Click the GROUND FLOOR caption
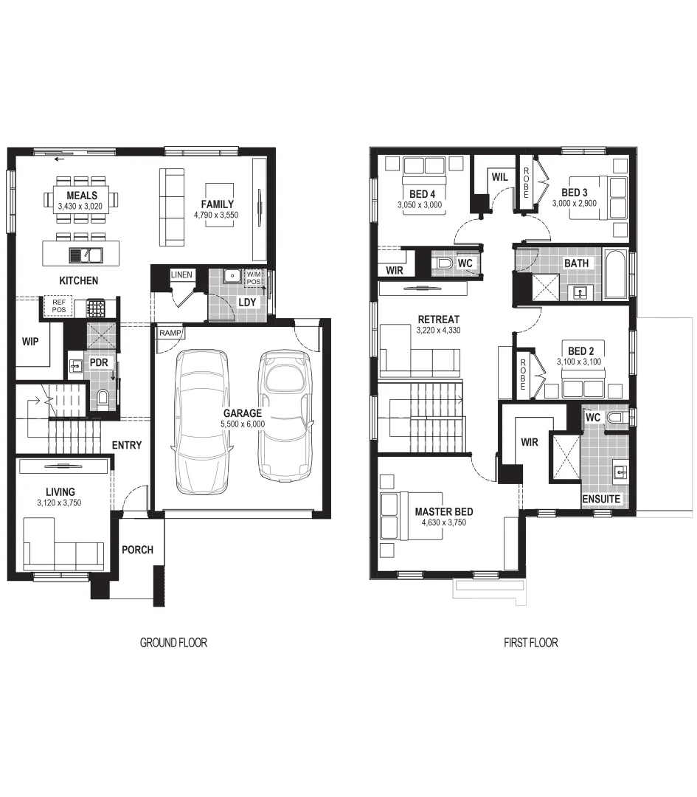pos(173,643)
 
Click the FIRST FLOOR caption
pos(530,643)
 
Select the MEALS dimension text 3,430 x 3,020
pos(82,207)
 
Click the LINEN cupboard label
pos(181,275)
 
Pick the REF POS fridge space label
pos(58,306)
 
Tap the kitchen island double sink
pos(86,255)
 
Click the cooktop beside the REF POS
pos(96,306)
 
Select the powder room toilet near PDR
pos(102,398)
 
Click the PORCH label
pos(137,550)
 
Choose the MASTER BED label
pos(443,511)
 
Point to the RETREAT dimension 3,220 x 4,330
pos(438,330)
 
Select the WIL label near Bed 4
pos(499,177)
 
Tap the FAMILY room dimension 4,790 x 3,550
pos(218,215)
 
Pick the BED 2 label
pos(581,351)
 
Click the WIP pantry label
pos(30,342)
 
